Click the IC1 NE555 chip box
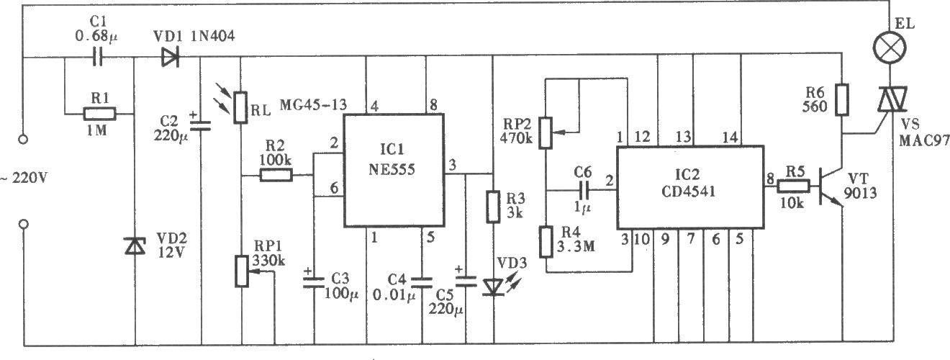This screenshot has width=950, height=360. pyautogui.click(x=394, y=170)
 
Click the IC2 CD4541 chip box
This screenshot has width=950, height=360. pyautogui.click(x=690, y=188)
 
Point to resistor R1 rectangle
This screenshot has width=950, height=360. pyautogui.click(x=99, y=114)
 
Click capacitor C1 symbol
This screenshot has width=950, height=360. pyautogui.click(x=98, y=56)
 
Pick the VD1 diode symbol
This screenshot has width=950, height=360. pyautogui.click(x=171, y=56)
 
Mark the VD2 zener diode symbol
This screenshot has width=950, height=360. pyautogui.click(x=135, y=246)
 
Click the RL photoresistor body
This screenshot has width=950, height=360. pyautogui.click(x=241, y=108)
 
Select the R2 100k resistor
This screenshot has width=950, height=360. pyautogui.click(x=276, y=175)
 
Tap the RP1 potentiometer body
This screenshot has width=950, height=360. pyautogui.click(x=242, y=271)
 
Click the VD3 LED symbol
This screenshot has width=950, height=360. pyautogui.click(x=493, y=287)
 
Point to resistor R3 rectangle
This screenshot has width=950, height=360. pyautogui.click(x=493, y=207)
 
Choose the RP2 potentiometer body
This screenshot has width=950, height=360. pyautogui.click(x=546, y=133)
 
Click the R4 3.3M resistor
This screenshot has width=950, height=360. pyautogui.click(x=546, y=242)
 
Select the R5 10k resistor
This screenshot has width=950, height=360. pyautogui.click(x=793, y=186)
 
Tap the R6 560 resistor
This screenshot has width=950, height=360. pyautogui.click(x=842, y=100)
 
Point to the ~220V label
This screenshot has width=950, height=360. pyautogui.click(x=24, y=178)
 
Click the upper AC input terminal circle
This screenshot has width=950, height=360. pyautogui.click(x=23, y=139)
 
